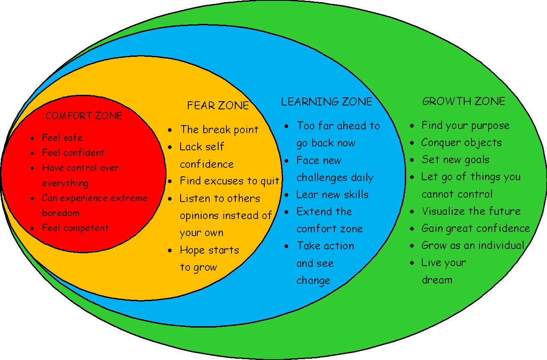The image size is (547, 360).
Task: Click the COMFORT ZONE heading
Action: [x=84, y=116]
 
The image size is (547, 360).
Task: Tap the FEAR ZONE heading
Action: [x=218, y=105]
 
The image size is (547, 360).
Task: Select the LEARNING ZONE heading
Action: [x=327, y=102]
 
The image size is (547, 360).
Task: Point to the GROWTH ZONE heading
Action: [x=464, y=101]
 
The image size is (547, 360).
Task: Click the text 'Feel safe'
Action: [x=62, y=138]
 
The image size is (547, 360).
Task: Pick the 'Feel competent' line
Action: [x=75, y=228]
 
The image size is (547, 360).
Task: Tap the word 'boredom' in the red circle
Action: [x=61, y=213]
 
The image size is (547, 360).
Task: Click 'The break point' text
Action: [x=219, y=129]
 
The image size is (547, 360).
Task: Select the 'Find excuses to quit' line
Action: [x=229, y=181]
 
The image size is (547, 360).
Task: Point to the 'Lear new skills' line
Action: [x=332, y=195]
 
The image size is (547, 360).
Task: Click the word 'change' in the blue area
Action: [x=313, y=281]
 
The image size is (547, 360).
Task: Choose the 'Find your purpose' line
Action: [x=465, y=126]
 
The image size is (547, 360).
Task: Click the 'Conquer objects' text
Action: [x=462, y=143]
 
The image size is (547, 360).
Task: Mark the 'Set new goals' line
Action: [x=455, y=160]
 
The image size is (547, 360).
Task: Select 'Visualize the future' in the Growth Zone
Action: [x=471, y=211]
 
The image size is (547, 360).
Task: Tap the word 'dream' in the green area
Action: [x=437, y=280]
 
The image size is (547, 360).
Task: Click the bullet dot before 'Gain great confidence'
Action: [x=412, y=229]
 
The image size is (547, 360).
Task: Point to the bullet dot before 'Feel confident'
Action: [x=33, y=153]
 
